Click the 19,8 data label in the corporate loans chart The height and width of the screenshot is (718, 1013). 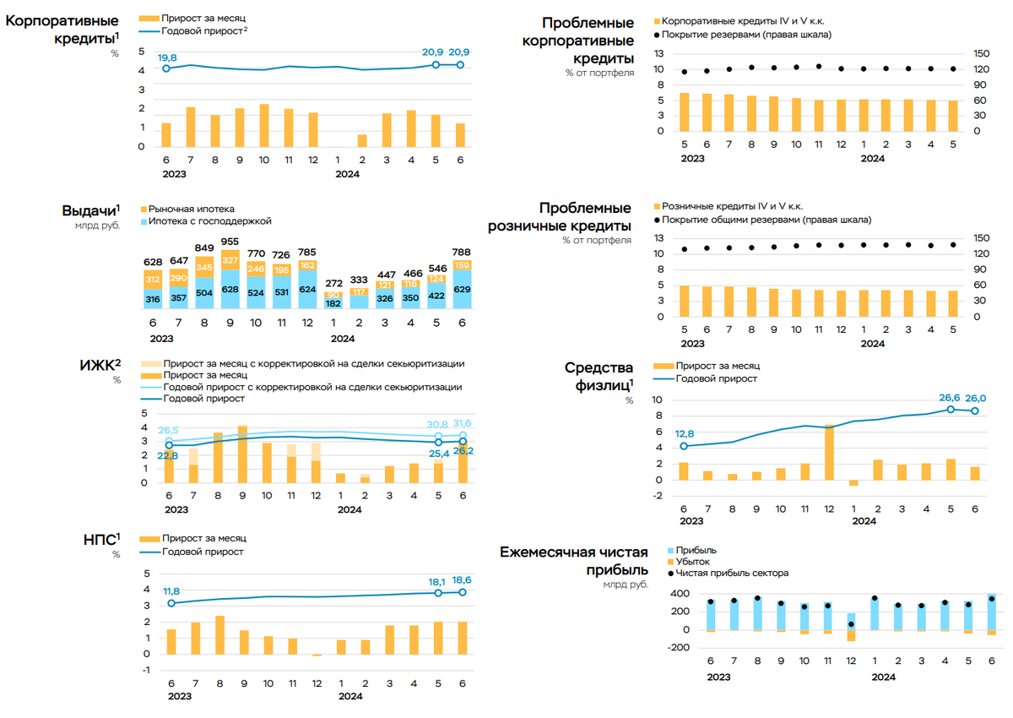[166, 57]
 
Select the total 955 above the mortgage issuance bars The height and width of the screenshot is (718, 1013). [229, 241]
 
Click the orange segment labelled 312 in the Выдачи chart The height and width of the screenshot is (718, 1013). [154, 280]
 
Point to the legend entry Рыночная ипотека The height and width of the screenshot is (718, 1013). [191, 209]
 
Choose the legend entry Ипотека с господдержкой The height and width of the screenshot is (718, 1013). [209, 221]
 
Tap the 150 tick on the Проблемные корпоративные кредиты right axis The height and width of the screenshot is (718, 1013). [979, 53]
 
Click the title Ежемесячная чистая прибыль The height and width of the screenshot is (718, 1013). [574, 561]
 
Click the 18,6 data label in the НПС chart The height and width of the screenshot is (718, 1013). [461, 580]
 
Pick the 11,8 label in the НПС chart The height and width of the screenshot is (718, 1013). [171, 591]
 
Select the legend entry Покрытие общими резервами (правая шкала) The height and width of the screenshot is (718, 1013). [767, 220]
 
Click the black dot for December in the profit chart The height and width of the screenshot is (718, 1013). [851, 624]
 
